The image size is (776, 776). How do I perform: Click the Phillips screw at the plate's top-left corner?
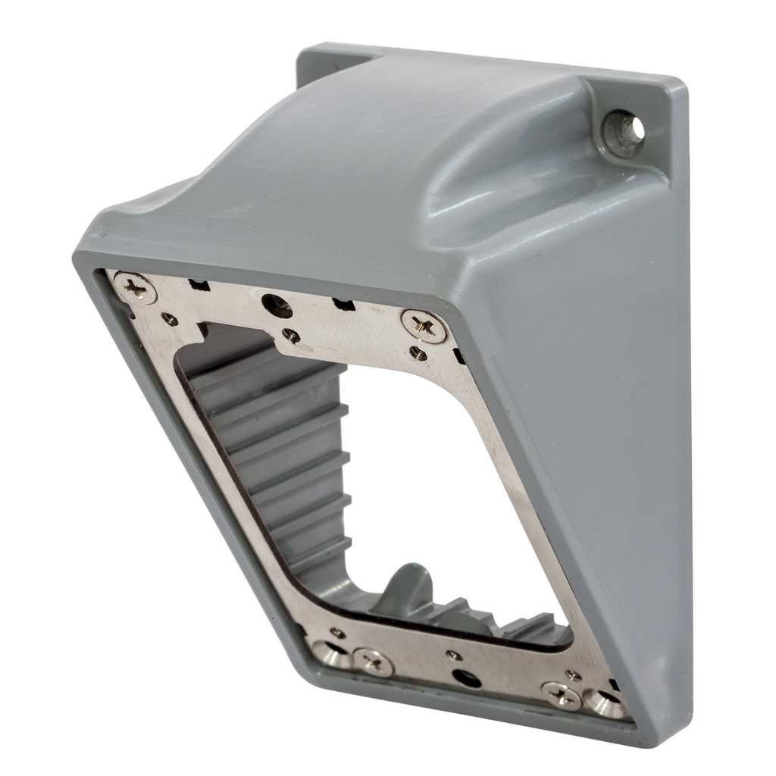[x=135, y=288]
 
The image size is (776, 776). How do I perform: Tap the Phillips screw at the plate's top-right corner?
[x=424, y=326]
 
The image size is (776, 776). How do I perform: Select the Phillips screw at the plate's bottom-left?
[x=374, y=662]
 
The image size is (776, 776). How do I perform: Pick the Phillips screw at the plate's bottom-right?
[x=562, y=696]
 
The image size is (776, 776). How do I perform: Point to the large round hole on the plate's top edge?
[x=277, y=305]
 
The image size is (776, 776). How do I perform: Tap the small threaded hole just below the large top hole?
[x=290, y=335]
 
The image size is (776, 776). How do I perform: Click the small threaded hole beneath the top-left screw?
[x=171, y=320]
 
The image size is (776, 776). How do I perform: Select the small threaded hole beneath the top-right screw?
[x=418, y=352]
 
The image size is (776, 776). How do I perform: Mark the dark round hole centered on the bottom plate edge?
[x=466, y=677]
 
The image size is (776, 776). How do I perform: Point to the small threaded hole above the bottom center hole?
[x=454, y=655]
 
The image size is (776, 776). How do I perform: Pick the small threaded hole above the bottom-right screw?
[x=573, y=674]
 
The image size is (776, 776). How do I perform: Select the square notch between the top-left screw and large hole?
[x=199, y=286]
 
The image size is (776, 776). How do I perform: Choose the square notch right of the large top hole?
[x=343, y=305]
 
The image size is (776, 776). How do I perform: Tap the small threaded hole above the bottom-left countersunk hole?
[x=337, y=632]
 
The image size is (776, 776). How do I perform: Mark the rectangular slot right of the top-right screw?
[x=458, y=355]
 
